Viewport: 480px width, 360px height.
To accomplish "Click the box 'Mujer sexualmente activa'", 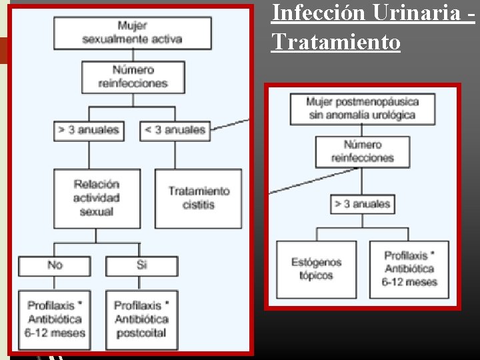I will (x=132, y=33).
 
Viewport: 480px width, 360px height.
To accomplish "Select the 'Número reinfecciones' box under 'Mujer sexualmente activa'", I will (x=133, y=77).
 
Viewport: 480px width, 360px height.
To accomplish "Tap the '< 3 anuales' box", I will (x=175, y=130).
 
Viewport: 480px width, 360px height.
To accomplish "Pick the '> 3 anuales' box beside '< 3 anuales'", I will (x=89, y=130).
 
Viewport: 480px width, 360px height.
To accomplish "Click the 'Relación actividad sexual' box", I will (x=97, y=198).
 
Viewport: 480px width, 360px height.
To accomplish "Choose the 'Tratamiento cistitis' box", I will (x=199, y=198).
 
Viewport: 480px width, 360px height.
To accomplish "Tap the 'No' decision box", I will (x=55, y=265).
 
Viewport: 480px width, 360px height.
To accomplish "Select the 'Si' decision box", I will (x=141, y=265).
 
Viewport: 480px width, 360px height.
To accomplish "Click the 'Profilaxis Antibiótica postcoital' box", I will (x=141, y=319).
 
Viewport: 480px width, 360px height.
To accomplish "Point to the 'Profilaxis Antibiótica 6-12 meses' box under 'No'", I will (x=55, y=319).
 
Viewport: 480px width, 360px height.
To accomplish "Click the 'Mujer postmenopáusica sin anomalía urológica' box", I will (x=363, y=108).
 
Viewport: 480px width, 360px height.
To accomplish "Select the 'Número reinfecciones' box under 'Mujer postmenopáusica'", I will (x=363, y=151).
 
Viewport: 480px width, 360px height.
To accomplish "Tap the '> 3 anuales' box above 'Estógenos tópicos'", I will (x=363, y=204).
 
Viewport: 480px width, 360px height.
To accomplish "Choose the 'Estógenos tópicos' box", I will (x=317, y=269).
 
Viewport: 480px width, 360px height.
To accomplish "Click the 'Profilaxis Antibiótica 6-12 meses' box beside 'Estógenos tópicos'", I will (x=409, y=269).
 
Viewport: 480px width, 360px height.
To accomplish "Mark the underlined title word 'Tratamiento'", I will (x=335, y=43).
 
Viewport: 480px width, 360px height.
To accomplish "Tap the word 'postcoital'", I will (x=141, y=333).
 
